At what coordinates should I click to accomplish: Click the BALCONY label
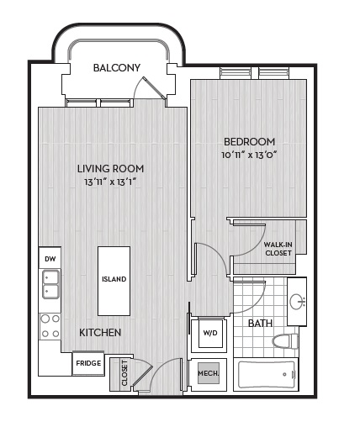tap(117, 68)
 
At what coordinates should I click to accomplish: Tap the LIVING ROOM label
tap(110, 169)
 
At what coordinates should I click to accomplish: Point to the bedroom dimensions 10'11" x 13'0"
tap(250, 155)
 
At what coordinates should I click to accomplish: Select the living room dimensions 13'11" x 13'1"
tap(110, 182)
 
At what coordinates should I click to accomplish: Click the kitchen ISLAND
tap(114, 281)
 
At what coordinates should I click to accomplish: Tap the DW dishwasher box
tap(50, 258)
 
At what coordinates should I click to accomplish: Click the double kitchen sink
tap(51, 284)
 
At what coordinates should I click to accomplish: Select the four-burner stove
tap(50, 326)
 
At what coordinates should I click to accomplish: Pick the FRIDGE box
tap(88, 363)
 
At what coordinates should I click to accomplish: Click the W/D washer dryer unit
tap(210, 333)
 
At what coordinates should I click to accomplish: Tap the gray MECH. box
tap(209, 373)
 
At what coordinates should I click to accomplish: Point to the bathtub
tap(267, 375)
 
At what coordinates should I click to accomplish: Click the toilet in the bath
tap(285, 341)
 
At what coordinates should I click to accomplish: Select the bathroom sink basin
tap(296, 302)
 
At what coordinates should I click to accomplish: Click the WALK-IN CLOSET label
tap(278, 249)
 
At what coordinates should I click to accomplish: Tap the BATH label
tap(260, 323)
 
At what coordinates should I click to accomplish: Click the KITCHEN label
tap(100, 332)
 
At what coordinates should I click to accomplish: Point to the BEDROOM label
tap(249, 142)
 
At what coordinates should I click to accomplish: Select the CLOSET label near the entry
tap(124, 372)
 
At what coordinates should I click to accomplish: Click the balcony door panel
tap(155, 88)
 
